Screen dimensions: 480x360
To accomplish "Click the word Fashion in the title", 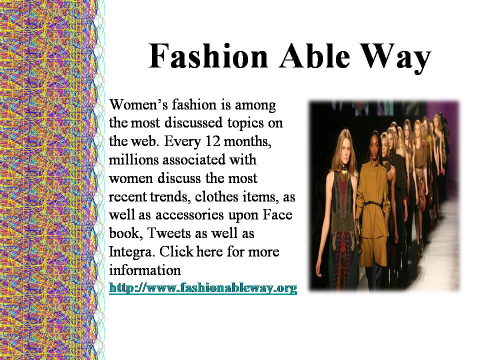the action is point(208,56).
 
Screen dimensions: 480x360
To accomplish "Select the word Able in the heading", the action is point(314,56).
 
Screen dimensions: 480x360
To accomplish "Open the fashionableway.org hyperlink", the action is point(203,288).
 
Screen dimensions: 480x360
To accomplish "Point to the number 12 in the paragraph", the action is point(213,141).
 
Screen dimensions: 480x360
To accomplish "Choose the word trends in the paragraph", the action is point(168,197).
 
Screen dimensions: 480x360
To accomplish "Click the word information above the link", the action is point(145,270).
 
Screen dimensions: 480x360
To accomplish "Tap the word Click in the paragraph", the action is point(176,252).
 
